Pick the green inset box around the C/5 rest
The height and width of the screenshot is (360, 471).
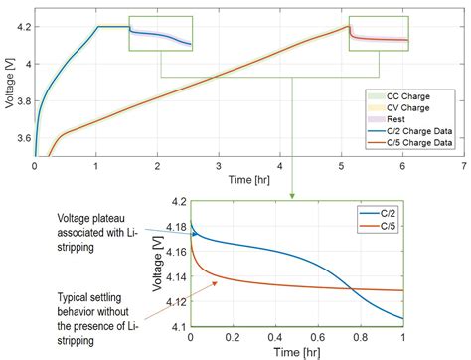379,33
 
